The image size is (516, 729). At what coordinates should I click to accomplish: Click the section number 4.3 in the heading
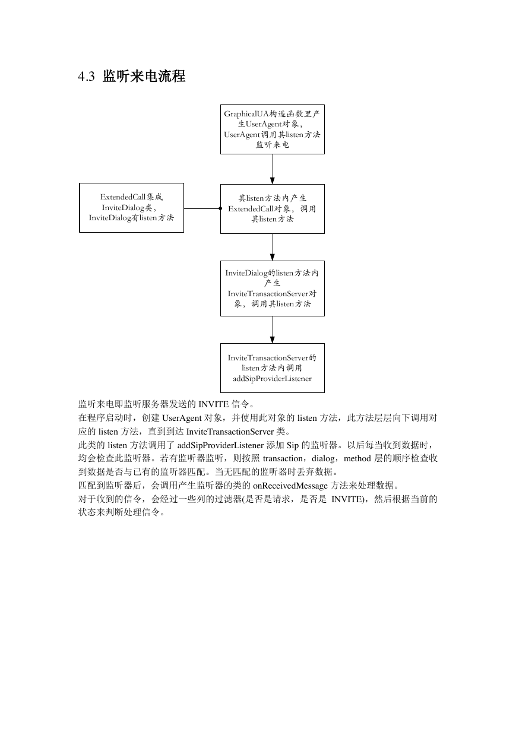coord(86,77)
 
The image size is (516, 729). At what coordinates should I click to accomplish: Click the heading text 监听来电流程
coord(144,77)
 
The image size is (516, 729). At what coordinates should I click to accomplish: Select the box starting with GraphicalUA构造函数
coord(272,129)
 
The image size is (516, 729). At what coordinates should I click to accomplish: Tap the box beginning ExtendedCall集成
coord(131,208)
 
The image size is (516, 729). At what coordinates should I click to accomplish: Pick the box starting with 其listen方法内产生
coord(272,208)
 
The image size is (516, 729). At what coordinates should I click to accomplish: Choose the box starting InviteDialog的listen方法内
coord(272,289)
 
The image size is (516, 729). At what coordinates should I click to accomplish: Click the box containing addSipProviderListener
coord(272,367)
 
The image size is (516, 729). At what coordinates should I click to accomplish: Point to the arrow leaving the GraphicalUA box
coord(273,169)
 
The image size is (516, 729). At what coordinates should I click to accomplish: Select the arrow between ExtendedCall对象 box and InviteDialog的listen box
coord(273,248)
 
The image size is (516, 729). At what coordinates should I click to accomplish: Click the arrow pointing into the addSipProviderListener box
coord(273,329)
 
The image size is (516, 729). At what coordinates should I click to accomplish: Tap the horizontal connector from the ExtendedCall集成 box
coord(202,208)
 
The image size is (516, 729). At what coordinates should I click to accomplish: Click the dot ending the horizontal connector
coord(220,208)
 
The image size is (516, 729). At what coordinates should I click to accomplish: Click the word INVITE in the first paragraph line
coord(214,404)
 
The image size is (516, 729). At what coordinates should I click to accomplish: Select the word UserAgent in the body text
coord(182,418)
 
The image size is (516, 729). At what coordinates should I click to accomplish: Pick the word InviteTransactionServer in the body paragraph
coord(230,432)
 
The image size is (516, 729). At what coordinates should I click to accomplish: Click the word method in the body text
coord(357,459)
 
